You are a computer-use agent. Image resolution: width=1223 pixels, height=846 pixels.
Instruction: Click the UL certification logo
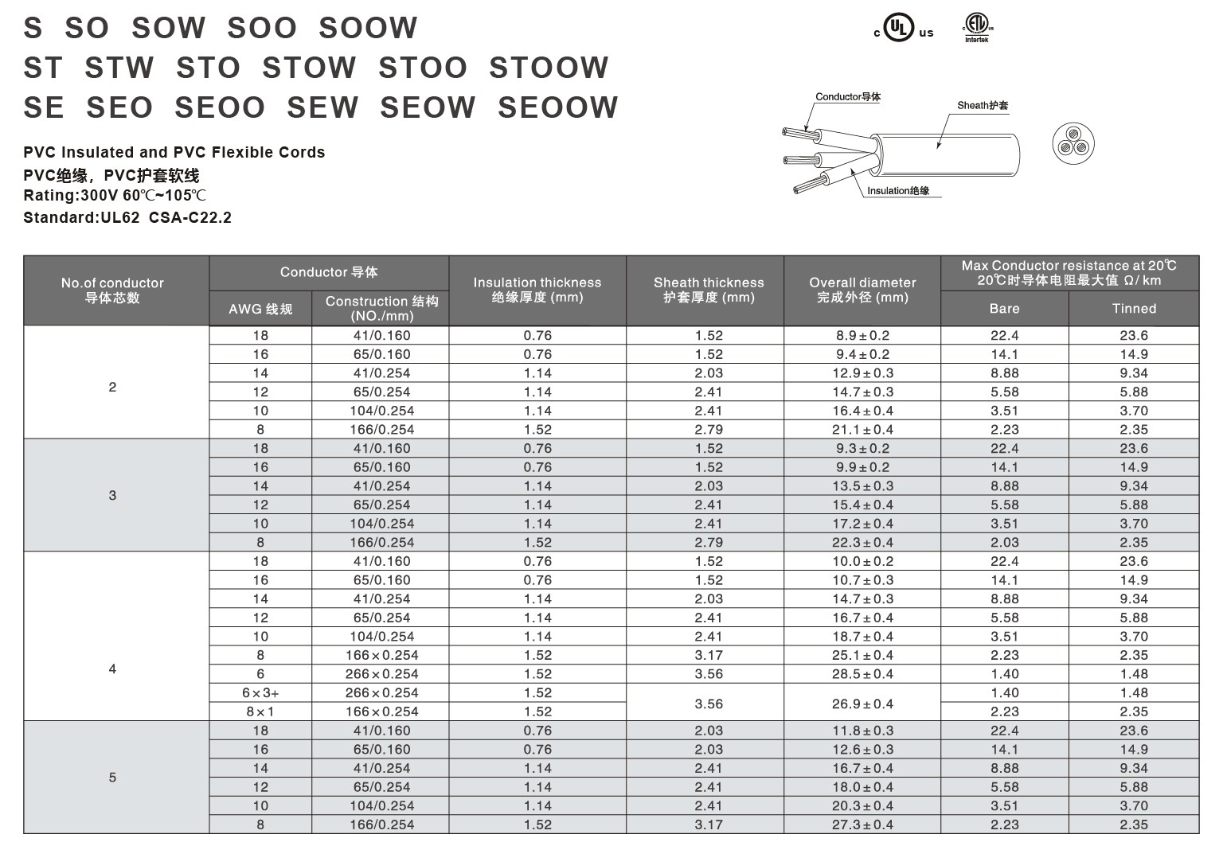click(x=902, y=29)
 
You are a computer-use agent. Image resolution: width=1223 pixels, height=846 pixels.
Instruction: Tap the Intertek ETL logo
click(x=976, y=27)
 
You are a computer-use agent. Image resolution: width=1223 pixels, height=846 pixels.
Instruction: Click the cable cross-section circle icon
click(x=1073, y=143)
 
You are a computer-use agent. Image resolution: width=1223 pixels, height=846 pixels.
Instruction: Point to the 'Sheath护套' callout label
click(x=983, y=105)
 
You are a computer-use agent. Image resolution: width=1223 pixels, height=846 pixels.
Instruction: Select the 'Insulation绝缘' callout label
click(x=898, y=191)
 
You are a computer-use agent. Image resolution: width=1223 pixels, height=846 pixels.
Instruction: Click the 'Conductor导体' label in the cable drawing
click(x=847, y=97)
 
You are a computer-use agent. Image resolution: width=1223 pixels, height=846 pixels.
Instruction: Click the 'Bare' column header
click(x=1004, y=309)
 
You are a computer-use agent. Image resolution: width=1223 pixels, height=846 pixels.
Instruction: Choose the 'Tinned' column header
click(x=1134, y=309)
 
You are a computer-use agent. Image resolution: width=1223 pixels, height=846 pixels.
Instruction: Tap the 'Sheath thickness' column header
click(x=708, y=290)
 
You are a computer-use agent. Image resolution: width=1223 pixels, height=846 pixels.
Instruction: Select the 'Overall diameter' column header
click(x=862, y=290)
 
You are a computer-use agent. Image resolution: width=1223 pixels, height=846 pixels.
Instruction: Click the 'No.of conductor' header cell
click(x=112, y=290)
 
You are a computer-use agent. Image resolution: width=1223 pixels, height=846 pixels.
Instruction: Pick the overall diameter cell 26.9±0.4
click(x=862, y=704)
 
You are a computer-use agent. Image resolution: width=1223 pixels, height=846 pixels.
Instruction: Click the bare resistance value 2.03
click(x=1004, y=543)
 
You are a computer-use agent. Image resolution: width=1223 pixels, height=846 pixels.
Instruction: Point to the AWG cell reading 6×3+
click(x=260, y=693)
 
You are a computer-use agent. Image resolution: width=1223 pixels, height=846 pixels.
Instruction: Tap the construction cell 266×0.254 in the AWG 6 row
click(x=381, y=674)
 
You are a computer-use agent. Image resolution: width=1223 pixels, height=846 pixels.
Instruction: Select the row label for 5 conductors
click(x=112, y=778)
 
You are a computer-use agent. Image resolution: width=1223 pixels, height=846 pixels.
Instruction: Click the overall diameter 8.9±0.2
click(x=862, y=336)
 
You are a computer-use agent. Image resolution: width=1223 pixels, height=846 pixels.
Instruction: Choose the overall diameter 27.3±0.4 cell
click(x=862, y=825)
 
